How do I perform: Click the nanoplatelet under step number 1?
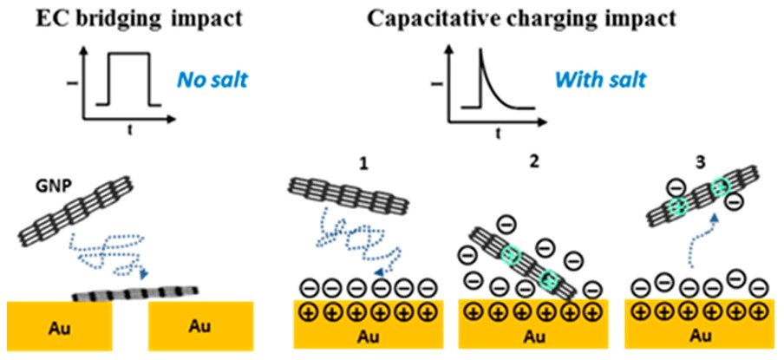coord(337,193)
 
